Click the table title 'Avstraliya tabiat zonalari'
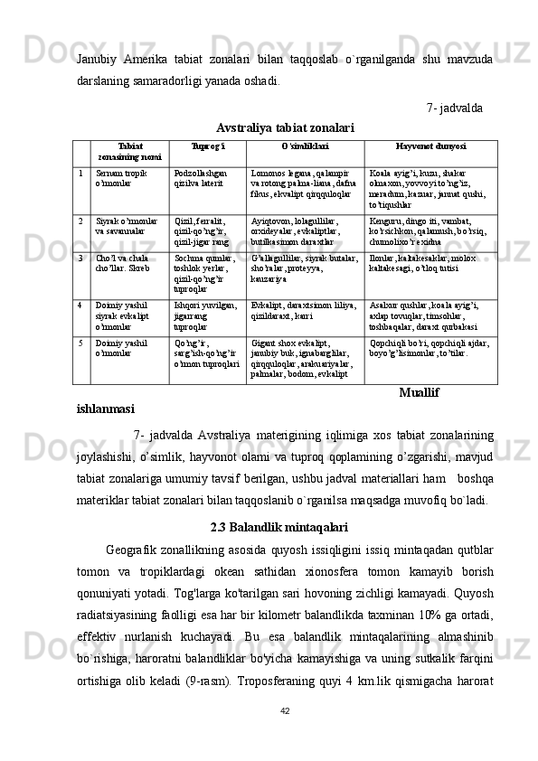[285, 127]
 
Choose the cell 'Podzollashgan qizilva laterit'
[201, 177]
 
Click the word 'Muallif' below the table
[419, 393]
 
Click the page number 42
[285, 736]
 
